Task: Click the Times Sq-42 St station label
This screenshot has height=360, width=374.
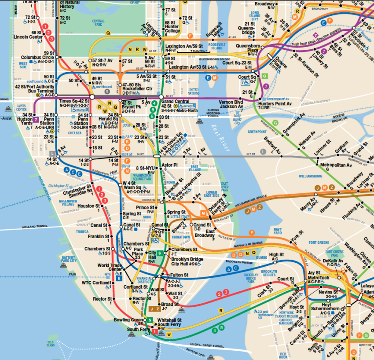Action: tap(74, 101)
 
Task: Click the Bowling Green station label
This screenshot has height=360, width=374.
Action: tap(128, 320)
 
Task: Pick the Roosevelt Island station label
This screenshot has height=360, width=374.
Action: tap(216, 32)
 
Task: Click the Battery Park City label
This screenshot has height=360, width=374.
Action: tap(69, 259)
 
